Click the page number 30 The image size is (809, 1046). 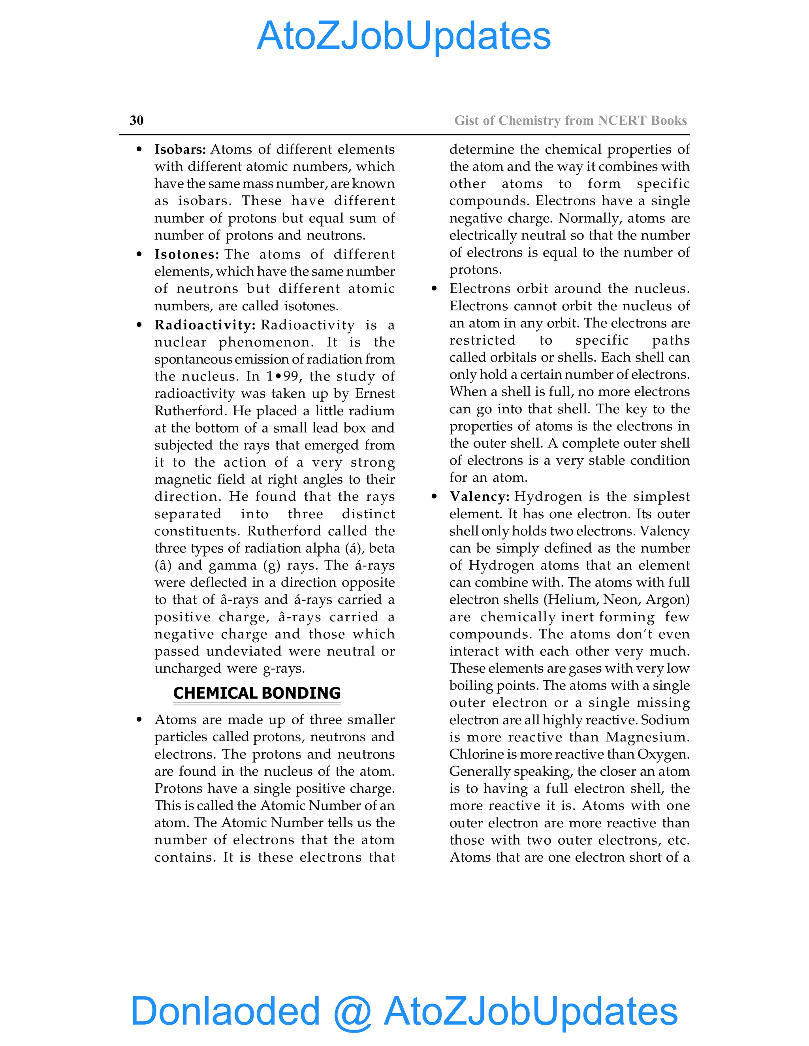(137, 120)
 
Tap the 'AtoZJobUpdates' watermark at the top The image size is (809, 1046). (404, 36)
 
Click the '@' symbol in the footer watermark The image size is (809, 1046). (352, 1012)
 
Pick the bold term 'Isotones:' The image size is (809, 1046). (186, 254)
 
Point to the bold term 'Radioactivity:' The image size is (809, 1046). (205, 325)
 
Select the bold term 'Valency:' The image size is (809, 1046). (479, 497)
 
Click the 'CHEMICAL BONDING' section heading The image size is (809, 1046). (257, 693)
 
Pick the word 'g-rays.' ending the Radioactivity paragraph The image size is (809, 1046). (284, 669)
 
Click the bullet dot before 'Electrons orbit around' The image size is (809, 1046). (434, 289)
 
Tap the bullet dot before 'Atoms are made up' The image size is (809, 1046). (139, 720)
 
